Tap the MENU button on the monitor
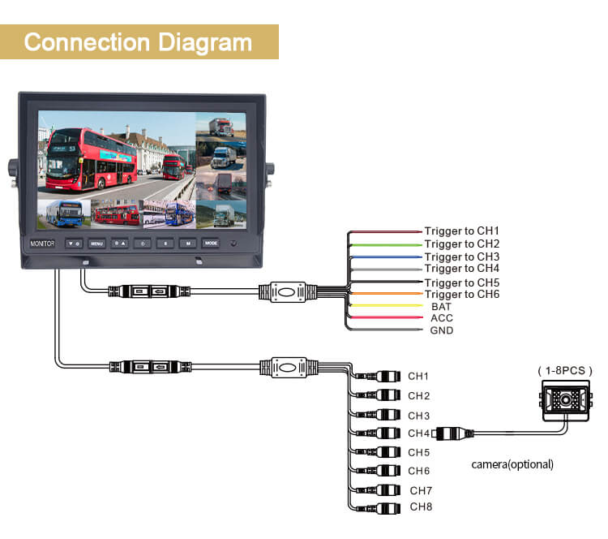tap(97, 243)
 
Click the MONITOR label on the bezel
tap(41, 243)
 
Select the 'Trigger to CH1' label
tap(462, 231)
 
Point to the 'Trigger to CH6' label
tap(462, 294)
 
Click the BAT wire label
tap(442, 307)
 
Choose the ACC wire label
tap(442, 318)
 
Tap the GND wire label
tap(442, 330)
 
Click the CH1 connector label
tap(418, 376)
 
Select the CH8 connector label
tap(421, 507)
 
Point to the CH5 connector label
tap(418, 452)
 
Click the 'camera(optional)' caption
tap(512, 464)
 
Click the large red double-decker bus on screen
tap(92, 158)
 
